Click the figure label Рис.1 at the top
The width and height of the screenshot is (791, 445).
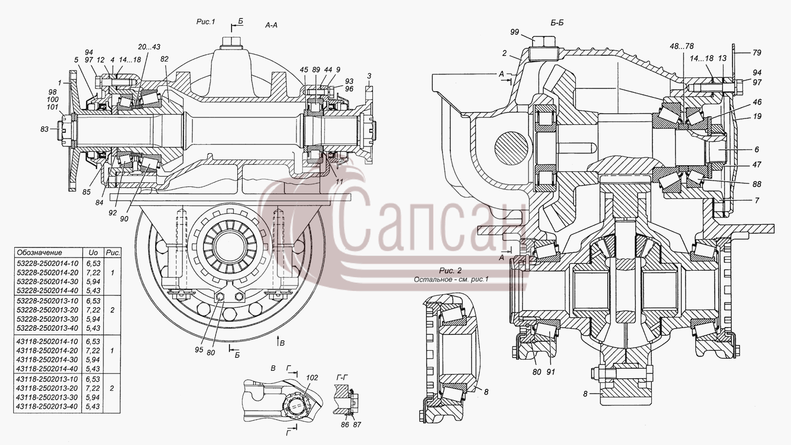[206, 22]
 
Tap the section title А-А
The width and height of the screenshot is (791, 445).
[271, 25]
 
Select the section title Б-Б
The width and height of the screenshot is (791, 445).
[557, 23]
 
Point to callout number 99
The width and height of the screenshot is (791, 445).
[515, 32]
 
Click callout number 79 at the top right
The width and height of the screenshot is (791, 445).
[757, 53]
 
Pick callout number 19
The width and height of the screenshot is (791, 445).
[757, 116]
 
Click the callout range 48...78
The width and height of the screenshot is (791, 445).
[682, 46]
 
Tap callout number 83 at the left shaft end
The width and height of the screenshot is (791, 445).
[44, 130]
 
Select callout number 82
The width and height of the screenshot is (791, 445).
[164, 59]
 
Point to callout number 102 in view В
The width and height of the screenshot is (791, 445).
[312, 378]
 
